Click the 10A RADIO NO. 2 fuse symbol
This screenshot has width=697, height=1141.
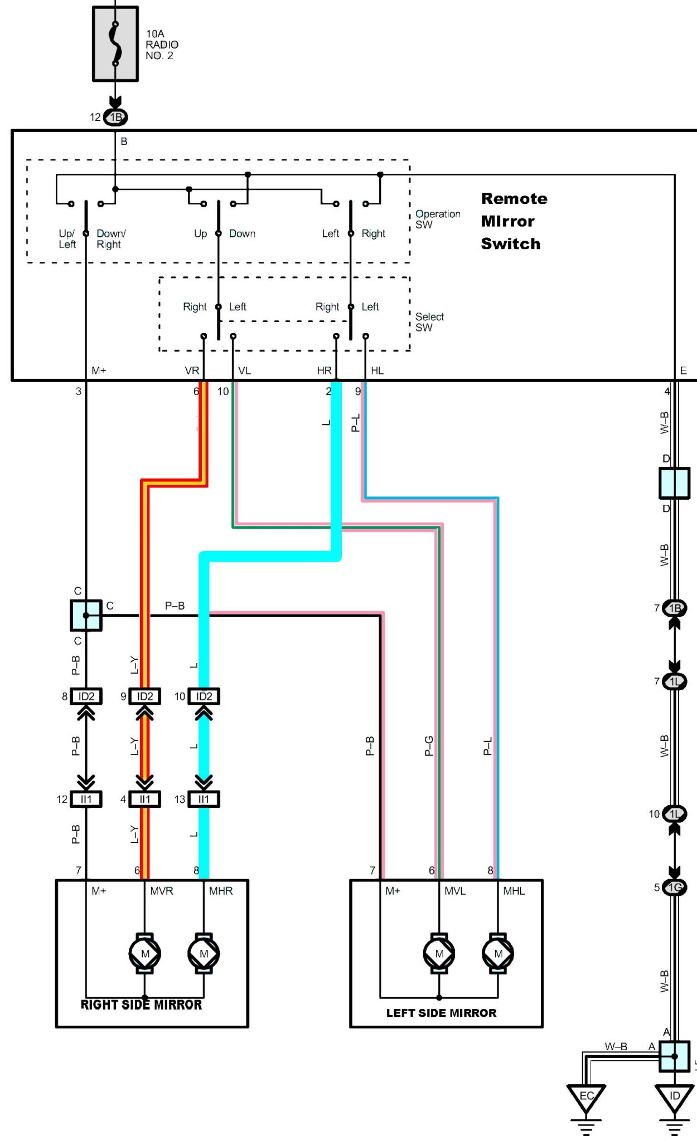(115, 44)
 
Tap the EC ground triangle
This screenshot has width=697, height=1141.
(586, 1097)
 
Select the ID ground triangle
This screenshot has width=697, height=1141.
(674, 1097)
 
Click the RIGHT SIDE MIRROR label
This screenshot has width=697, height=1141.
(141, 1005)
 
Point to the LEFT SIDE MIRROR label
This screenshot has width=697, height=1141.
(441, 1013)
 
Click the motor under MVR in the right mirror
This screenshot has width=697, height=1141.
(145, 953)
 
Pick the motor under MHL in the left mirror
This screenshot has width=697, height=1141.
(498, 953)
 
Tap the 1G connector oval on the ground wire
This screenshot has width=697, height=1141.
(675, 887)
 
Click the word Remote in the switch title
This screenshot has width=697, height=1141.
(514, 199)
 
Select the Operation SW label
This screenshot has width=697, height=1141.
(437, 219)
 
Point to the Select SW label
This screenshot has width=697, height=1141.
(429, 322)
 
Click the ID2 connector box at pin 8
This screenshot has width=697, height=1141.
(86, 696)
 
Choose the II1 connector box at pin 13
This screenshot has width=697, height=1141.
(204, 799)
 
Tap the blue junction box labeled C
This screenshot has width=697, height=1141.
(86, 615)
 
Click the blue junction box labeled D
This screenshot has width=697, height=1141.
(674, 483)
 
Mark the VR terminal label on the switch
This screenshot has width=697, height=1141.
(192, 370)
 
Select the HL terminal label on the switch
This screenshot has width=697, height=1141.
(377, 370)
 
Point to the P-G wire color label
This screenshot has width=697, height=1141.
(428, 745)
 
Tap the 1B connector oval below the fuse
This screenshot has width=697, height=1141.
(115, 117)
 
